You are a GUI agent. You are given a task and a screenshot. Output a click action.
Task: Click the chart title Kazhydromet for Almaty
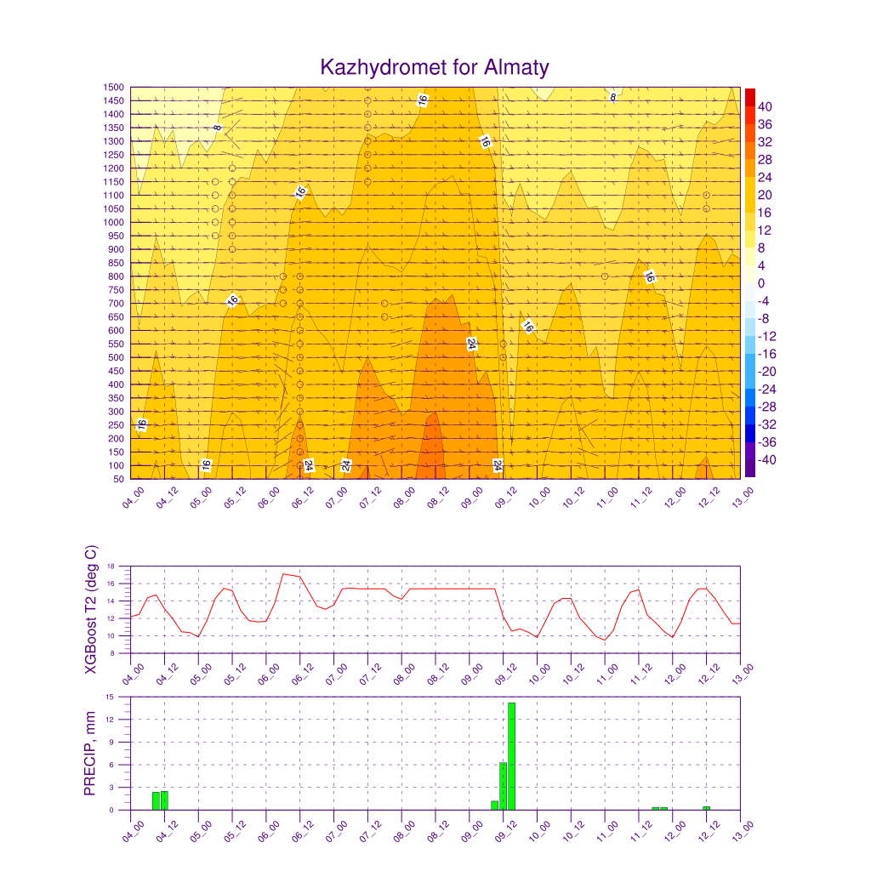[435, 67]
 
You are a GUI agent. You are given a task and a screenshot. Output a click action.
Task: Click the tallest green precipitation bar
[511, 756]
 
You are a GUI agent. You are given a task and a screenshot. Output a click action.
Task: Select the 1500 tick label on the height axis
[113, 88]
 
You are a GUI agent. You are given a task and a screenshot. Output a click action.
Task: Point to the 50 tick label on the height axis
[118, 479]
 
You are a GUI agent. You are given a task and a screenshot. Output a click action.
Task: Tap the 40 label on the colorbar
[765, 106]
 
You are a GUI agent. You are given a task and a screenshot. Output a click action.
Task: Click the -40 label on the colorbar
[767, 460]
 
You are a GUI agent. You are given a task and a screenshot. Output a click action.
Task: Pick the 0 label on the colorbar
[761, 283]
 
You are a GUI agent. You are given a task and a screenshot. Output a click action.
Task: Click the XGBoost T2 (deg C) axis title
[90, 609]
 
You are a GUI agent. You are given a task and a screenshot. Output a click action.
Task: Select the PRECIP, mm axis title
[89, 754]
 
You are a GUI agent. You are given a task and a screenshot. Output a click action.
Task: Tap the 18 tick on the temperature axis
[111, 566]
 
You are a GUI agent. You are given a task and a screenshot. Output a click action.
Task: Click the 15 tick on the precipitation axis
[110, 697]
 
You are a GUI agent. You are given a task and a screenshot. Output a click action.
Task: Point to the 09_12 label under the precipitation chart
[505, 832]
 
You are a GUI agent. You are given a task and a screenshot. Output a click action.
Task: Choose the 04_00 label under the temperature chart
[133, 675]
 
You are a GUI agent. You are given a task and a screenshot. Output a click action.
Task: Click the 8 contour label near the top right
[613, 98]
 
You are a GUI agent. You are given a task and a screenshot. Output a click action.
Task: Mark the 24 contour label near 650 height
[471, 344]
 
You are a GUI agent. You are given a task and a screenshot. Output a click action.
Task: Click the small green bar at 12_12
[706, 808]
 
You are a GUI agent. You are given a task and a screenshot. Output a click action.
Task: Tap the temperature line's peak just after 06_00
[283, 574]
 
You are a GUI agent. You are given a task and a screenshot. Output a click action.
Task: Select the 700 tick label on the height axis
[116, 304]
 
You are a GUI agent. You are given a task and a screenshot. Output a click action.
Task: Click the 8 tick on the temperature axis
[112, 653]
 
